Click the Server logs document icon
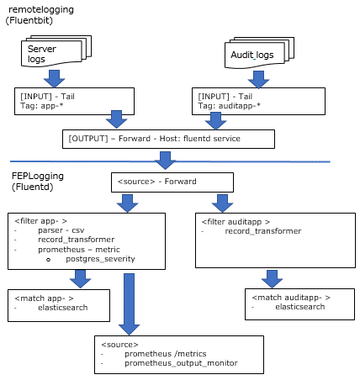[56, 51]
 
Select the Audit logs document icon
[259, 53]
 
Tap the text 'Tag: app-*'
[42, 106]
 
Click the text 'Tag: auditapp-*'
[229, 106]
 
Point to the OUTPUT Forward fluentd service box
[168, 139]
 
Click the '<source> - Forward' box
[172, 182]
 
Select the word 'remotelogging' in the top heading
[41, 10]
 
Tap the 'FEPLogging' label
[38, 176]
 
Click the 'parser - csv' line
[61, 230]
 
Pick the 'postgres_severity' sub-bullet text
[100, 259]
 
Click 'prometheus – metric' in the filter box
[79, 250]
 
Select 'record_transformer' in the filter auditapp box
[263, 231]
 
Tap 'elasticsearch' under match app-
[63, 308]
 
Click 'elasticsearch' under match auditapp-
[300, 307]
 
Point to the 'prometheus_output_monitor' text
[181, 363]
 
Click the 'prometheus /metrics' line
[166, 354]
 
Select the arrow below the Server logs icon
[55, 79]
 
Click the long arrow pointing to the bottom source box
[129, 304]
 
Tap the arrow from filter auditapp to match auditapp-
[272, 279]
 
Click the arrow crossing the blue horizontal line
[165, 161]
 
